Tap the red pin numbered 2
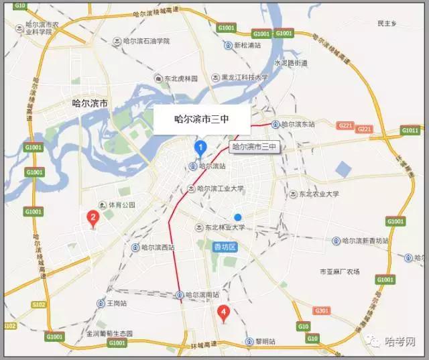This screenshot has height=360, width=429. coord(93,217)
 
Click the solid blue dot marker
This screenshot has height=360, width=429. coord(237,217)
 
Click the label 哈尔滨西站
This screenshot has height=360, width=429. coord(158,247)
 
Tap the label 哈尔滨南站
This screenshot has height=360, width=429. coord(204,295)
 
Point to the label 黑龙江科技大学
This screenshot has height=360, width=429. coord(244,77)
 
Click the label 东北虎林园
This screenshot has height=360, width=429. coord(180,78)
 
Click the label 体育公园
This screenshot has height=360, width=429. coord(121,204)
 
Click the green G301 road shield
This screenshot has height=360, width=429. coord(322,310)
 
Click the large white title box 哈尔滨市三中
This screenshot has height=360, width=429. coord(202,120)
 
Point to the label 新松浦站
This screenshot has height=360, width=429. coord(246,46)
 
